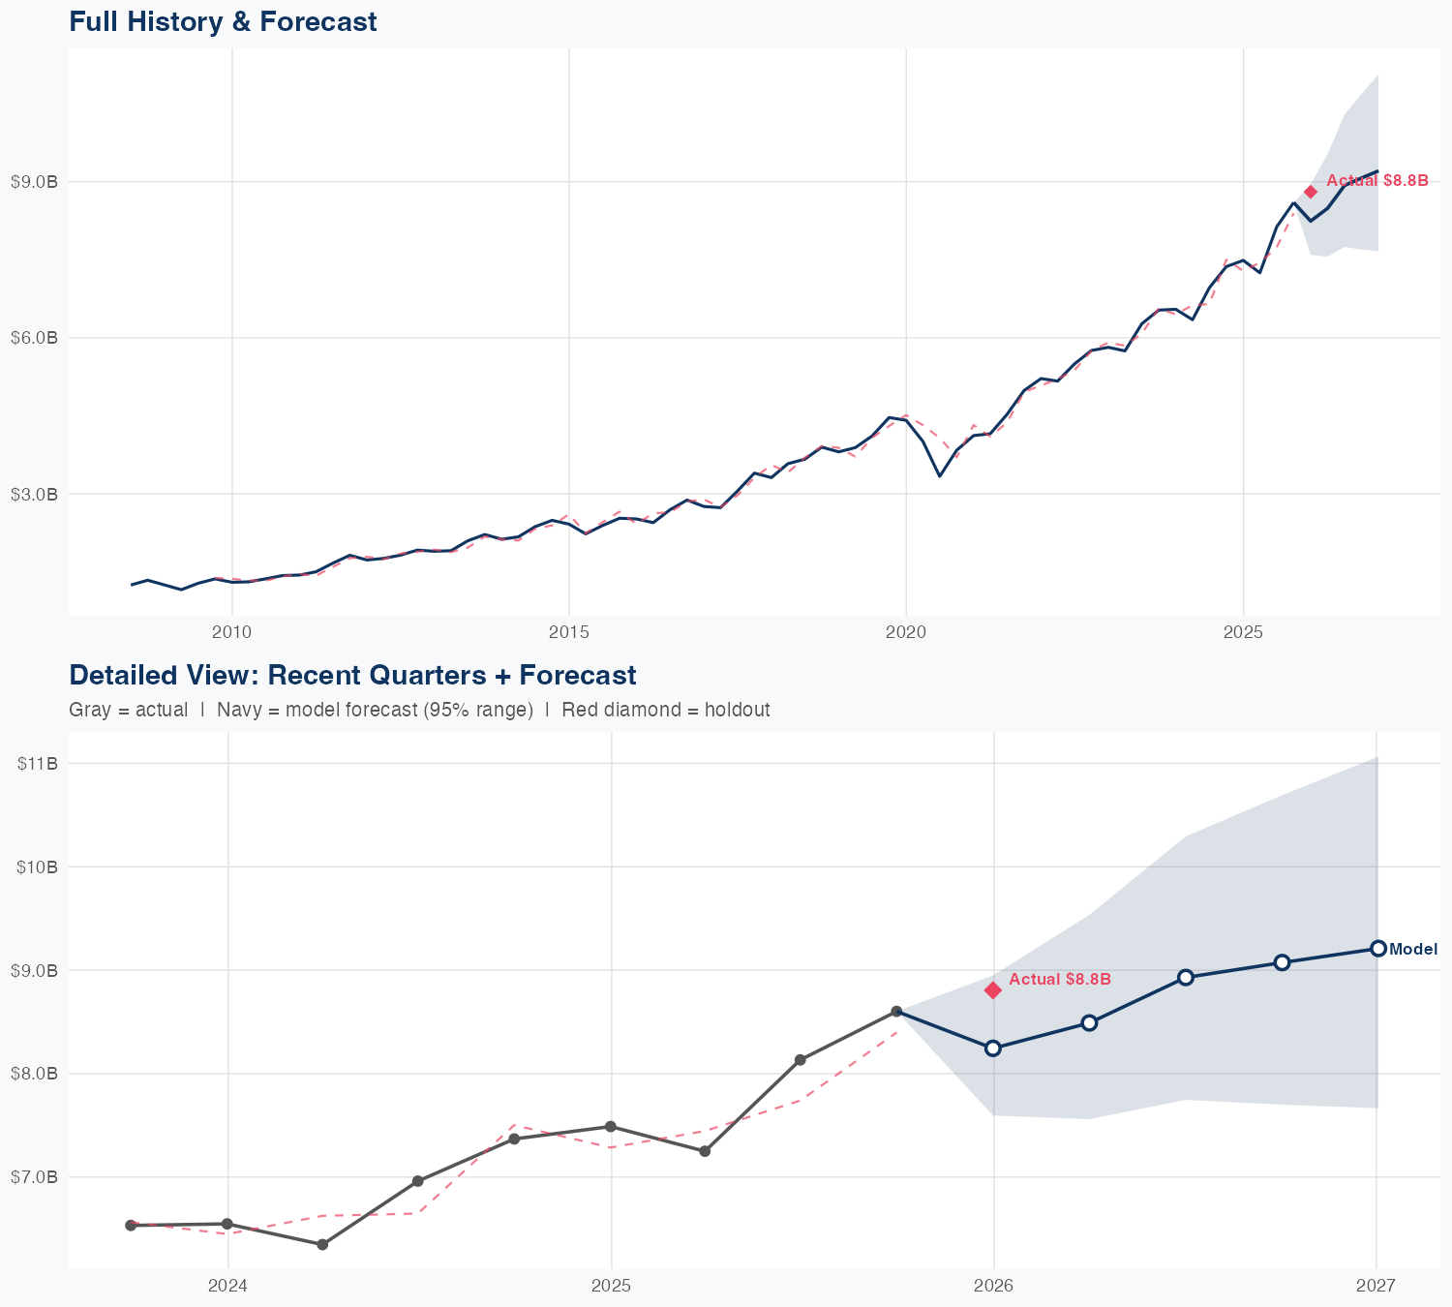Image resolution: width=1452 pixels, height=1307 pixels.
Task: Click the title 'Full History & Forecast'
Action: (x=223, y=21)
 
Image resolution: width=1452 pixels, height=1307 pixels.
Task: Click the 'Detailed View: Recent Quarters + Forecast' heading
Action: (x=352, y=675)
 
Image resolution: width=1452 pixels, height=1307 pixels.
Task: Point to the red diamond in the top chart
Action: (x=1311, y=192)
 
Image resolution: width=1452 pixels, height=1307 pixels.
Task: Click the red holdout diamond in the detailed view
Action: (x=993, y=989)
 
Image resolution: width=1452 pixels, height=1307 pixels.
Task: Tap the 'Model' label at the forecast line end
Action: (x=1412, y=950)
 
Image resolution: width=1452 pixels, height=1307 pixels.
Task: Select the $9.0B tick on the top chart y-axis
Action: (x=34, y=181)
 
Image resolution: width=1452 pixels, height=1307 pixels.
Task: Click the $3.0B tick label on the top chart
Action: (x=34, y=494)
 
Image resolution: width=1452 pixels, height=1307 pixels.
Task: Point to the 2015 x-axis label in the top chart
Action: (x=568, y=632)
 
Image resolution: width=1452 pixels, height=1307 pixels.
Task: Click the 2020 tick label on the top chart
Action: (x=906, y=632)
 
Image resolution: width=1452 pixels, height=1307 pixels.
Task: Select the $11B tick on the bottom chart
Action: (x=38, y=763)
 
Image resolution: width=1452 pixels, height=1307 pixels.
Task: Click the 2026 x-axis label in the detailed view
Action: (x=994, y=1286)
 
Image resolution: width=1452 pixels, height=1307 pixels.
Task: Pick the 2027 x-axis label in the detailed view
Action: (x=1376, y=1286)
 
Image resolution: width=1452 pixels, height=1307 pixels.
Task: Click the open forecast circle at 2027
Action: (x=1377, y=949)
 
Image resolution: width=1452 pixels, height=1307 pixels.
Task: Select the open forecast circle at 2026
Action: (x=993, y=1049)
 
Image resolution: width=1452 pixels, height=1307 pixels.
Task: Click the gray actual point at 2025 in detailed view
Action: (x=611, y=1126)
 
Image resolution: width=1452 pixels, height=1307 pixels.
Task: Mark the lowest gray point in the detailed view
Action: (x=322, y=1244)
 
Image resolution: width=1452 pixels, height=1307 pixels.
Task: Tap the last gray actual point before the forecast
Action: (x=897, y=1012)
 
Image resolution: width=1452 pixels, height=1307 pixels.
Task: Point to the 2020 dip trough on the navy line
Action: (x=939, y=475)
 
